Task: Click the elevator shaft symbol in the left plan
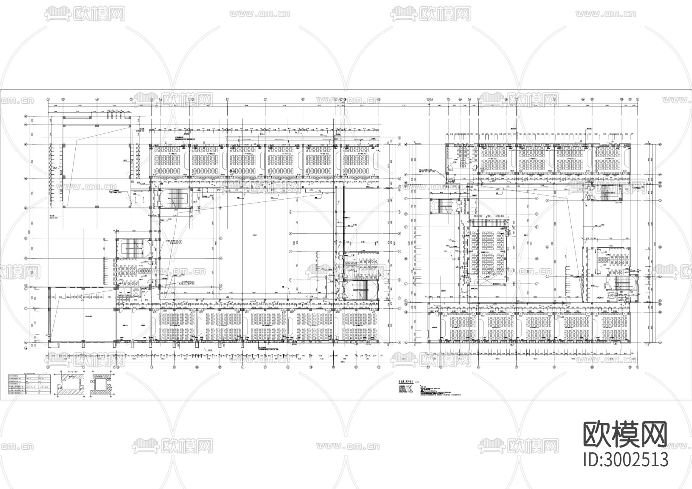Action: tap(136, 292)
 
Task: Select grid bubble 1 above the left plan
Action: tap(48, 99)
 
